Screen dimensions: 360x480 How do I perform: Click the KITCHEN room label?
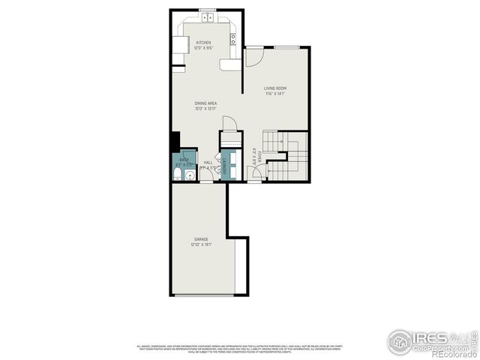(x=203, y=43)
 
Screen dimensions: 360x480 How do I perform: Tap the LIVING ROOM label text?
(x=275, y=88)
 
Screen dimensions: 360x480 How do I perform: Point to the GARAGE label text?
(x=201, y=239)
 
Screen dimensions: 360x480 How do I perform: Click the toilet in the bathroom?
(x=177, y=174)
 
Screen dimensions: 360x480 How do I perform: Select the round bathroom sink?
(x=190, y=175)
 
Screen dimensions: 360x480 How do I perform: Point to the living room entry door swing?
(x=253, y=56)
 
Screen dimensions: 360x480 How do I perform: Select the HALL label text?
(x=208, y=162)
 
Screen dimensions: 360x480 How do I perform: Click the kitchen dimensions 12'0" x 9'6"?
(x=203, y=48)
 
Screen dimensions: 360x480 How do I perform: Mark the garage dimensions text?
(x=201, y=244)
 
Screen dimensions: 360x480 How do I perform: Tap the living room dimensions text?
(x=275, y=94)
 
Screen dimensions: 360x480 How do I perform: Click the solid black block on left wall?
(x=175, y=141)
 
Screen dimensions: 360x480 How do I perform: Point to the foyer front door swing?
(x=256, y=174)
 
